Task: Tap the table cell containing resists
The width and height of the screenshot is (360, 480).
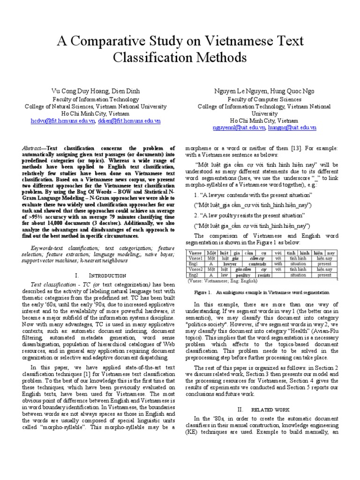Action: pos(264,275)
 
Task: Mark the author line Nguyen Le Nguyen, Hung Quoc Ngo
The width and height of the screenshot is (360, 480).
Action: pos(264,91)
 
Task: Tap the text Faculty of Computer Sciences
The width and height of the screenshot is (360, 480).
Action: pos(264,99)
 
